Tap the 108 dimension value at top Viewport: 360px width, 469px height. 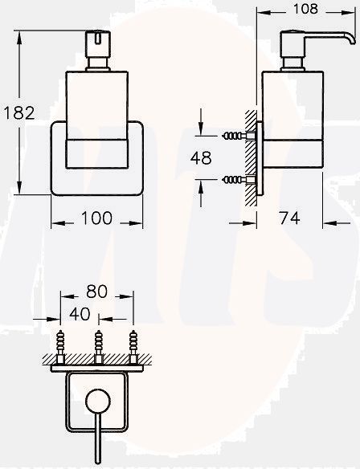click(x=307, y=10)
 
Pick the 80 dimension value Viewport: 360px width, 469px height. click(x=97, y=292)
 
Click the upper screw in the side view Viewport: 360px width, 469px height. click(x=236, y=137)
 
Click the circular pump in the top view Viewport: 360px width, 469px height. click(x=97, y=402)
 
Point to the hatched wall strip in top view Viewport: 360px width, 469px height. click(x=97, y=360)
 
